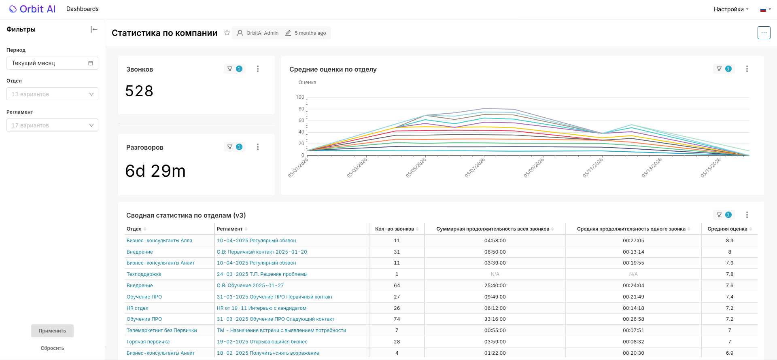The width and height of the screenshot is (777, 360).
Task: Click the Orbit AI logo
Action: point(32,9)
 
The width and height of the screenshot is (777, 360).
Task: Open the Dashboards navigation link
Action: point(82,9)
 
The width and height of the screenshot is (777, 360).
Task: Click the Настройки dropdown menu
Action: point(731,9)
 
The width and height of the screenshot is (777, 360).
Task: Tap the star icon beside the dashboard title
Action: point(227,33)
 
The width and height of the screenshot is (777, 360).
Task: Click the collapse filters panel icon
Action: point(94,29)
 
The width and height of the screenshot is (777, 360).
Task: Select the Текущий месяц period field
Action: point(52,63)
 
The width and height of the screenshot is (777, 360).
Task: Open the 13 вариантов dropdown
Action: point(52,94)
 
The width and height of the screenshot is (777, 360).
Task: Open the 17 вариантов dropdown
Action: point(52,125)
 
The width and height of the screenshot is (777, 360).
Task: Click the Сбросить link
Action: point(52,348)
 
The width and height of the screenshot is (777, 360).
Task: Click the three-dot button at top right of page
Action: point(764,33)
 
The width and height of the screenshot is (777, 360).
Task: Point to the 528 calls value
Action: point(139,91)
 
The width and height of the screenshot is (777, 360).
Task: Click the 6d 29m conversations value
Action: point(155,171)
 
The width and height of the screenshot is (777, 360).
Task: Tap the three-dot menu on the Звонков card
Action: point(258,69)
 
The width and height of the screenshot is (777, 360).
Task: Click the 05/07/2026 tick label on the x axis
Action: point(475,167)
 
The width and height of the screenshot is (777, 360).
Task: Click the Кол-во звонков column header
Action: point(395,229)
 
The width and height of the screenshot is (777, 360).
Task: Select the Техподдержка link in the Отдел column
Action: point(144,274)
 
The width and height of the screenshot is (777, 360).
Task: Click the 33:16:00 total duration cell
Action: point(495,319)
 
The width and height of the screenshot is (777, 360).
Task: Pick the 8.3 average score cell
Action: point(730,241)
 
